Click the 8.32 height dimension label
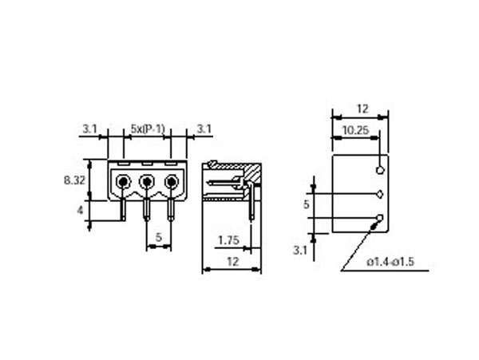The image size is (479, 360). coord(75,181)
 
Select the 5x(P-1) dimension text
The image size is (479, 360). coord(147,128)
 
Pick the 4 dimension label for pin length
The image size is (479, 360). coord(81,210)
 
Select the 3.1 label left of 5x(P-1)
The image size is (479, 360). coord(89,128)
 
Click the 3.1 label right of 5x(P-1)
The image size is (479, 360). coord(203,128)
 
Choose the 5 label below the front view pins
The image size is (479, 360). coord(159,237)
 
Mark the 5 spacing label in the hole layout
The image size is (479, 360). coord(307,205)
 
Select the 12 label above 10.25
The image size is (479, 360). coord(360,108)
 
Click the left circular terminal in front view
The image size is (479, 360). coord(122,183)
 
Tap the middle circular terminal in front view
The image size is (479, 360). coord(147,183)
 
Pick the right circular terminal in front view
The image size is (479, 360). coord(172,183)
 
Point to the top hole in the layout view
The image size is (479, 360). coord(380,169)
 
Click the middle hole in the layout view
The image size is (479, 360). coord(380,194)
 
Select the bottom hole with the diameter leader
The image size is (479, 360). coord(380,219)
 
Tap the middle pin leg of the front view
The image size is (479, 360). coord(147,210)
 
